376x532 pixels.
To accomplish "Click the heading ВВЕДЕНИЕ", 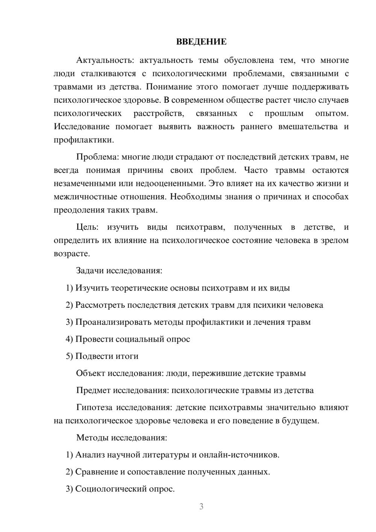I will (201, 42).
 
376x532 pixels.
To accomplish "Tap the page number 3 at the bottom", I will (201, 506).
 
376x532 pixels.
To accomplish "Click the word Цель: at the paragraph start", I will (87, 227).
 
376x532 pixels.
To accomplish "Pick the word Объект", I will (90, 373).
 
